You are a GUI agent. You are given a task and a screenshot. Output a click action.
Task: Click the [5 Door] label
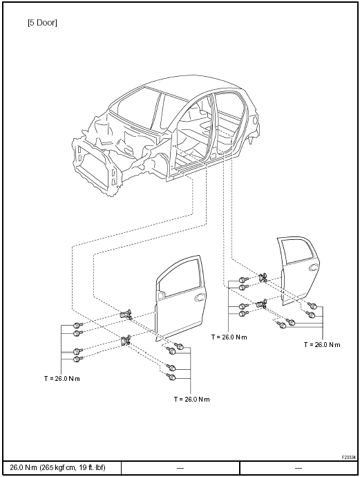pyautogui.click(x=42, y=23)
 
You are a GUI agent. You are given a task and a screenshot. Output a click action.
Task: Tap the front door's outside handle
pyautogui.click(x=200, y=297)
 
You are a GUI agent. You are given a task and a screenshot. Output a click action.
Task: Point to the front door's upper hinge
pyautogui.click(x=126, y=314)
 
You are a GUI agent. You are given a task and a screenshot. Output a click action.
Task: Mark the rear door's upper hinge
pyautogui.click(x=263, y=277)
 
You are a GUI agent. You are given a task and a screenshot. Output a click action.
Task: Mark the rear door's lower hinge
pyautogui.click(x=261, y=303)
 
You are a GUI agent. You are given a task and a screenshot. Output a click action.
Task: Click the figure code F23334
pyautogui.click(x=348, y=457)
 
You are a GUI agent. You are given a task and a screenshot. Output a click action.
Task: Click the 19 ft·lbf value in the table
pyautogui.click(x=91, y=467)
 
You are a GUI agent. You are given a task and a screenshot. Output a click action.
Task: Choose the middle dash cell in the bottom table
pyautogui.click(x=180, y=467)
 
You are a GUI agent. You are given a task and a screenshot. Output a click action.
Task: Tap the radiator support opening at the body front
pyautogui.click(x=92, y=167)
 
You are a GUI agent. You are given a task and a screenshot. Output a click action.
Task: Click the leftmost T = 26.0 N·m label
pyautogui.click(x=62, y=379)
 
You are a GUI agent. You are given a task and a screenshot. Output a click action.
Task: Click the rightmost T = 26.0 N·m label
pyautogui.click(x=322, y=345)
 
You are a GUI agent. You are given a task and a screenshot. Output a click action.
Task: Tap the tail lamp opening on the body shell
pyautogui.click(x=255, y=120)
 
